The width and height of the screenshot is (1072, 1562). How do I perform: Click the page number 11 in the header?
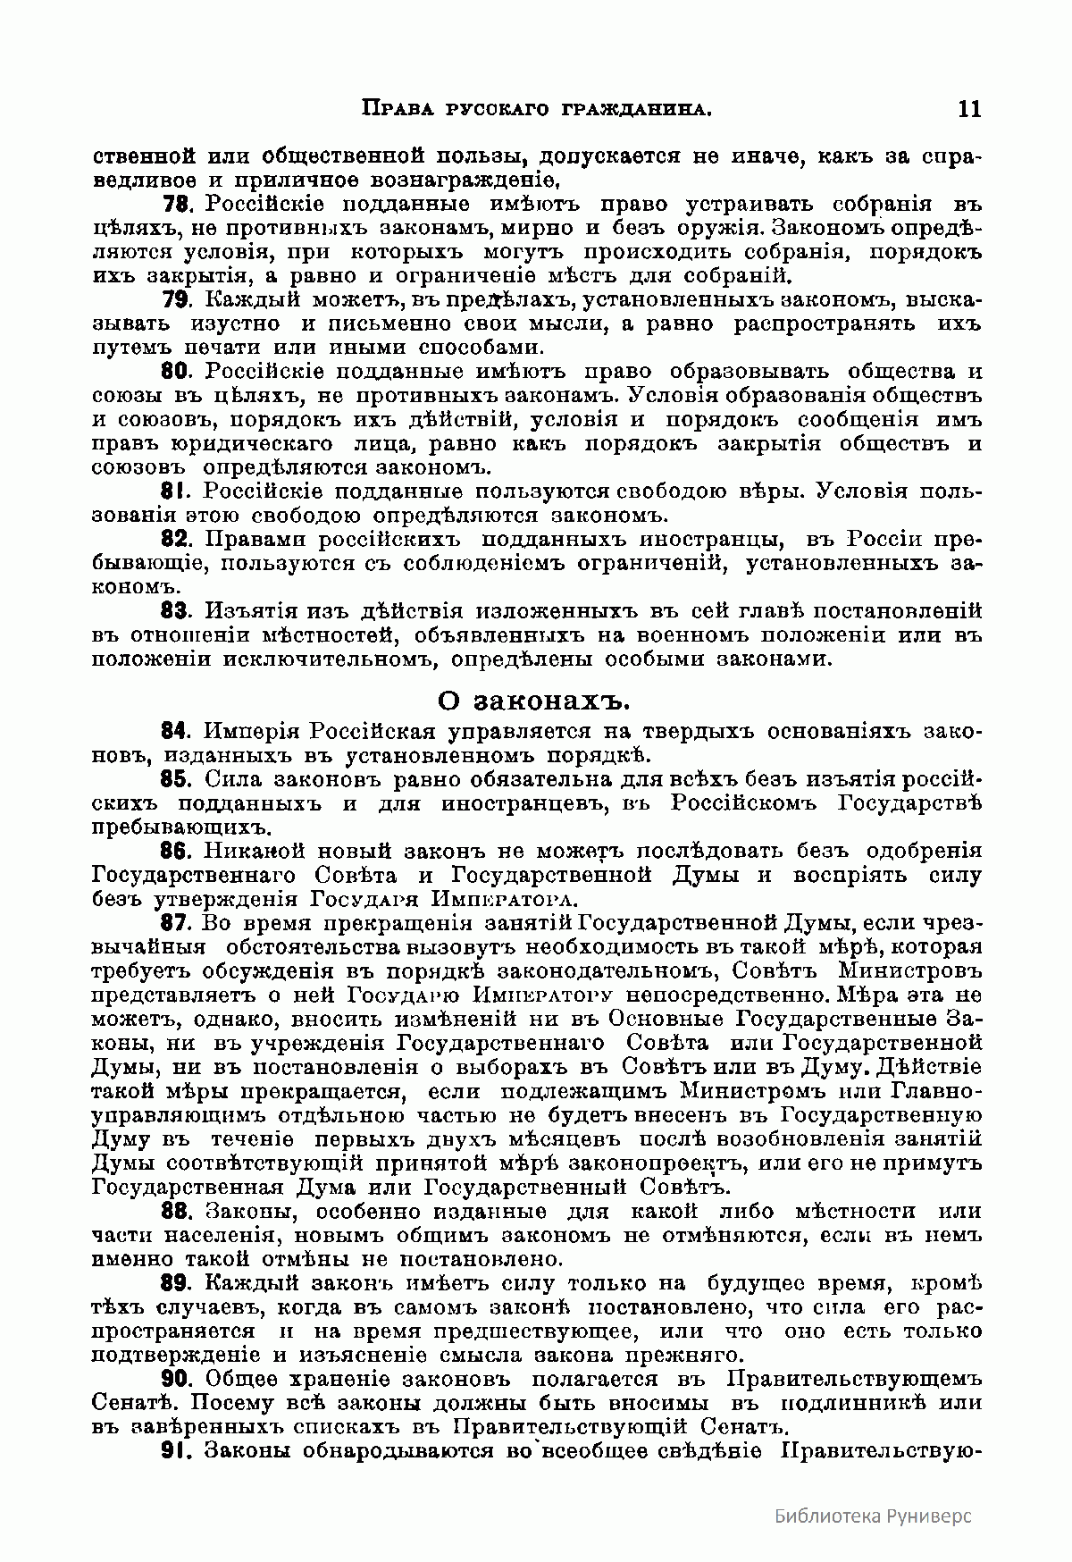click(968, 109)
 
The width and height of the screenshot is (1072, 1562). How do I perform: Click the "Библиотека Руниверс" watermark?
click(873, 1515)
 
